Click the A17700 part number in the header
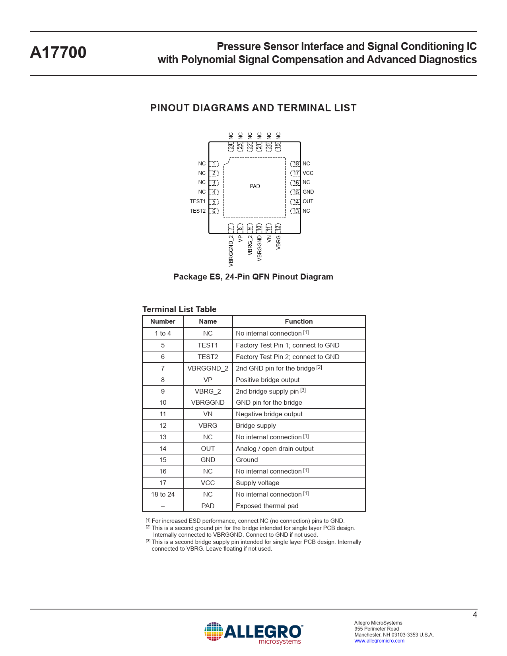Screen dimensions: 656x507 tap(58, 52)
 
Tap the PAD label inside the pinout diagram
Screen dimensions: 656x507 tap(255, 186)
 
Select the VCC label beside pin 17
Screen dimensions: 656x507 tap(308, 173)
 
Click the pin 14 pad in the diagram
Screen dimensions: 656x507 tap(295, 202)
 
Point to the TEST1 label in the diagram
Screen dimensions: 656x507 tap(198, 202)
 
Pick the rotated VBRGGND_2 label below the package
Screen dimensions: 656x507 tap(231, 251)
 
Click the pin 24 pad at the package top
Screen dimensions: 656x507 tap(231, 147)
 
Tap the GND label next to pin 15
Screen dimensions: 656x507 tap(308, 192)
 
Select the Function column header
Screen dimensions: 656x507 tap(299, 322)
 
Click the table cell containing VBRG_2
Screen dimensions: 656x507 tap(208, 391)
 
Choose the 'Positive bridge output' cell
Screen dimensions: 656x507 tap(268, 380)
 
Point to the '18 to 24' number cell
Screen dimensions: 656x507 tap(163, 494)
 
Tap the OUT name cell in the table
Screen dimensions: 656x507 tap(208, 448)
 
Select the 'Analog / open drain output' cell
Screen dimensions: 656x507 tap(274, 448)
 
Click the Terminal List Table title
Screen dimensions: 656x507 tap(179, 309)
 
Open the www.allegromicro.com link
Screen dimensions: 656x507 tap(379, 641)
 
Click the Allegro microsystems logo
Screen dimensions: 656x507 tap(253, 633)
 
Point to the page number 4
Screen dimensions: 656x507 tap(475, 615)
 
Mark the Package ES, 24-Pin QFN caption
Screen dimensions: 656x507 tap(253, 277)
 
